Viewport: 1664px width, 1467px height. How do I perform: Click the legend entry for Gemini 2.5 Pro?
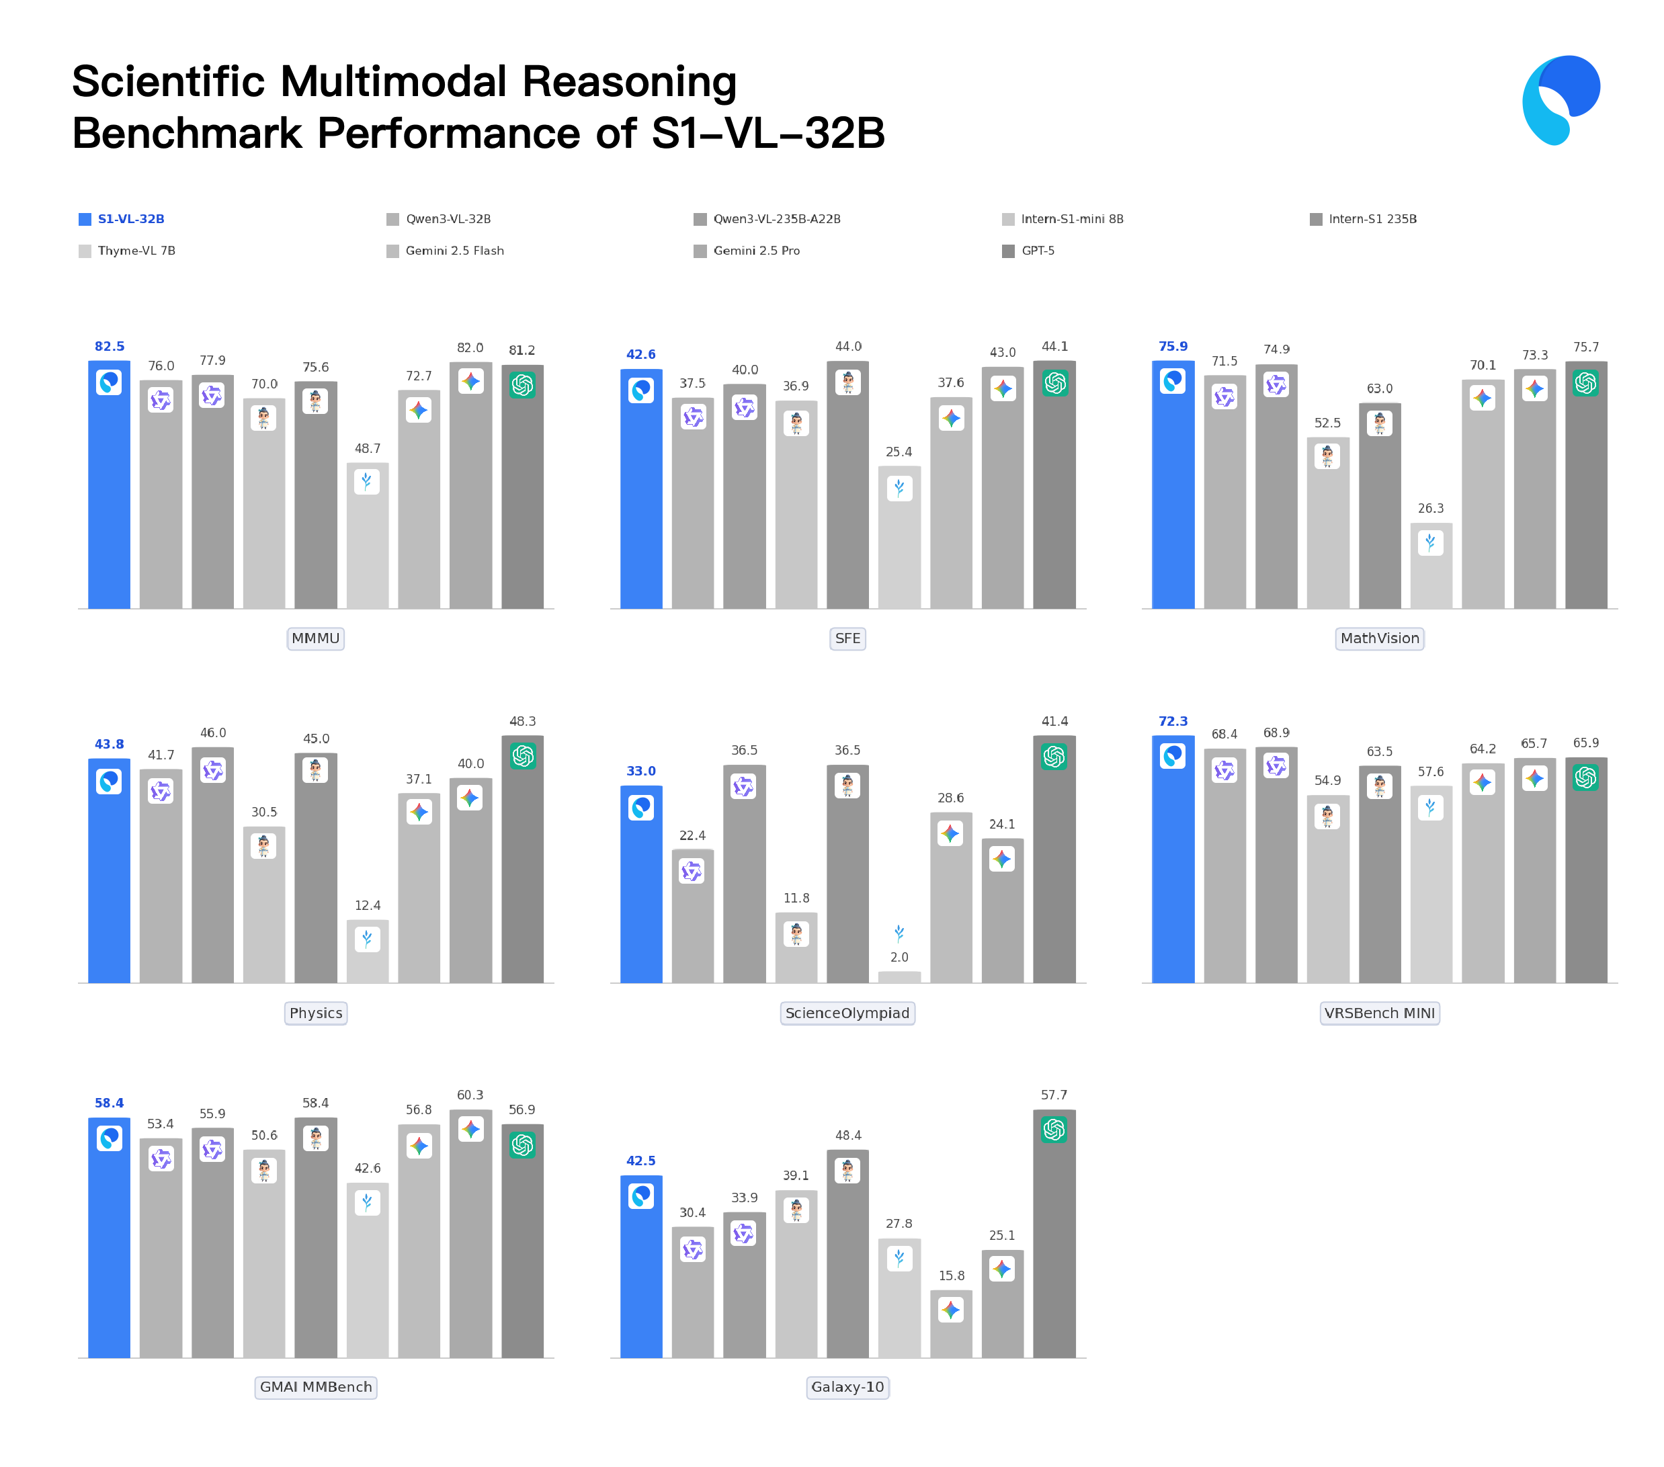(755, 251)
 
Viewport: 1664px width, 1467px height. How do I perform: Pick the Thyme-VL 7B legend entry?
(136, 251)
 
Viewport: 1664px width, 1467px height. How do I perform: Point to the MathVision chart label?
(1379, 638)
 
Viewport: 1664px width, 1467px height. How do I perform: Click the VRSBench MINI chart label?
(1379, 1013)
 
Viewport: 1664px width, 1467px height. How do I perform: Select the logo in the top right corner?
(1561, 100)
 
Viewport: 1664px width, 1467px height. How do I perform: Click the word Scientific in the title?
(169, 81)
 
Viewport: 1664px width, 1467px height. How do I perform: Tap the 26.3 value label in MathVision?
(1430, 509)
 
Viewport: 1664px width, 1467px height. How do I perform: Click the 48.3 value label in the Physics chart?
(523, 721)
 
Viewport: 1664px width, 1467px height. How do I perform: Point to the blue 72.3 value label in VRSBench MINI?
(1173, 721)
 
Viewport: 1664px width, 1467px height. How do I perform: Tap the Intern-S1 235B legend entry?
(1372, 219)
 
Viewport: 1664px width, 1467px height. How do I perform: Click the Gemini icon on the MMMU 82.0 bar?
(470, 381)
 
